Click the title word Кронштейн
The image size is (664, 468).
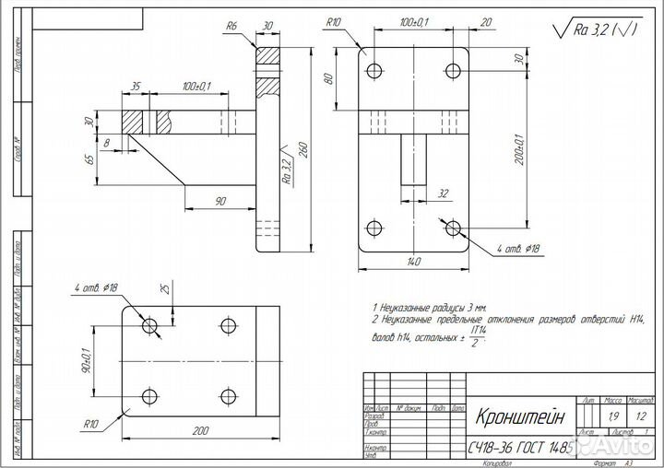pyautogui.click(x=517, y=417)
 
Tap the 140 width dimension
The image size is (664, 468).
pyautogui.click(x=413, y=263)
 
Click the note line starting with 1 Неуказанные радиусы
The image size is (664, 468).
pyautogui.click(x=428, y=305)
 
